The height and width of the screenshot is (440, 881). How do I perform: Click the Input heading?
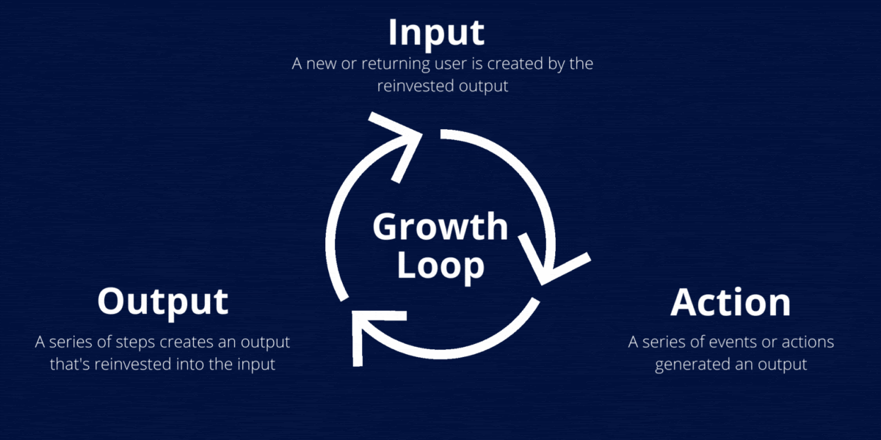tap(436, 32)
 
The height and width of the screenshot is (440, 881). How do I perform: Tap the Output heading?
tap(162, 301)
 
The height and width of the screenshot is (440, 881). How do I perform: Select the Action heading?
tap(730, 302)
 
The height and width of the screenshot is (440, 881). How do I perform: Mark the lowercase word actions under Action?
tap(805, 342)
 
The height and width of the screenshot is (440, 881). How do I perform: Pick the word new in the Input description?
tap(319, 64)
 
